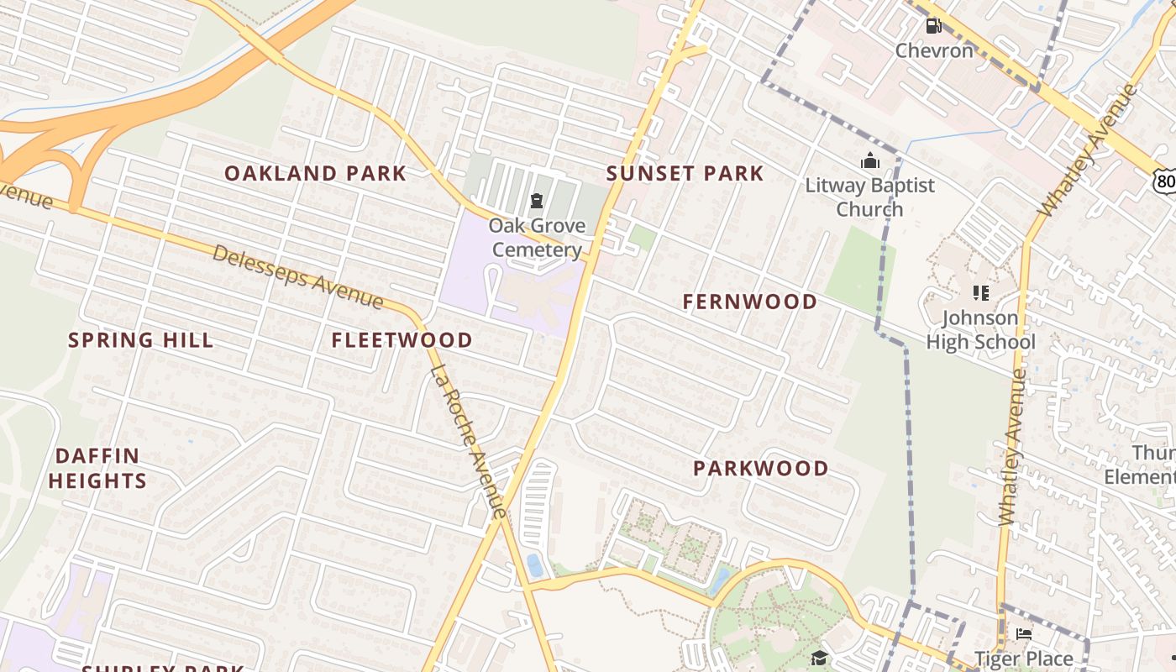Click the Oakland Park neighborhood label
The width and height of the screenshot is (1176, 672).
coord(315,174)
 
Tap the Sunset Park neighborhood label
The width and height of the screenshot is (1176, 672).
coord(685,174)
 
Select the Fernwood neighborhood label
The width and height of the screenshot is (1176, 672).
coord(749,302)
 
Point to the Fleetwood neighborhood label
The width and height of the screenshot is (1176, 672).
coord(402,340)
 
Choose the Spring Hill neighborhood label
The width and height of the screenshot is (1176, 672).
coord(140,340)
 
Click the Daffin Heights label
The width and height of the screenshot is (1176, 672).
coord(97,469)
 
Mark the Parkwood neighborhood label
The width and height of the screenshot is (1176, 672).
coord(760,469)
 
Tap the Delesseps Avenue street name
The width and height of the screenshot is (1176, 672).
coord(297,277)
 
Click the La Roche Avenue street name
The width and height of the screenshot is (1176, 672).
coord(469,442)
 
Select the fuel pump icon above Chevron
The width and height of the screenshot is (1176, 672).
coord(933,26)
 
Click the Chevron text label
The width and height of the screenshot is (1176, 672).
coord(933,50)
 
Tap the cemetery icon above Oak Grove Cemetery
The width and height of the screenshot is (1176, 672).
coord(536,201)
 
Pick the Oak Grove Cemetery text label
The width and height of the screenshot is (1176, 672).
coord(537,238)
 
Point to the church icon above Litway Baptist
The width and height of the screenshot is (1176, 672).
coord(869,160)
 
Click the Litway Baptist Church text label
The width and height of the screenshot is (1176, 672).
coord(869,197)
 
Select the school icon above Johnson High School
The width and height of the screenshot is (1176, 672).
coord(980,293)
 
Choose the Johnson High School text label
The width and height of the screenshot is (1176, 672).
coord(980,330)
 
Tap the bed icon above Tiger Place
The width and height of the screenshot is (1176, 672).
coord(1023,634)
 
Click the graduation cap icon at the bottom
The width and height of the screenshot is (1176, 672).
coord(819,658)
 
